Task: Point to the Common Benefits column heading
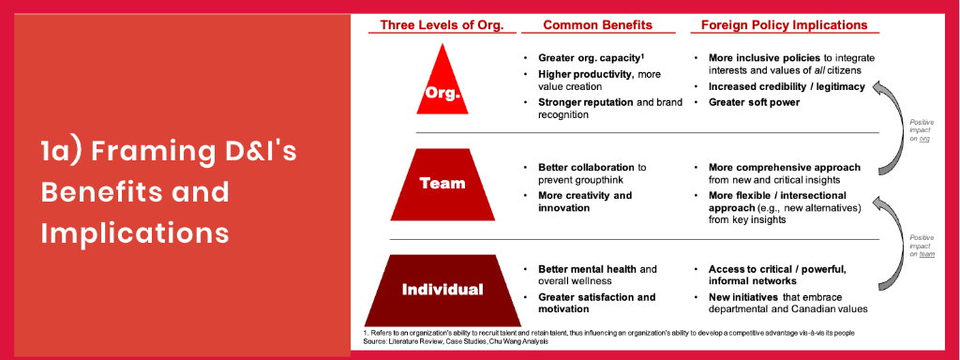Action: pos(592,25)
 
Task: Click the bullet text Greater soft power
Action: pos(754,101)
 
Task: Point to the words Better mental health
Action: pos(579,269)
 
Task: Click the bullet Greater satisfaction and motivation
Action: pos(596,303)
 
